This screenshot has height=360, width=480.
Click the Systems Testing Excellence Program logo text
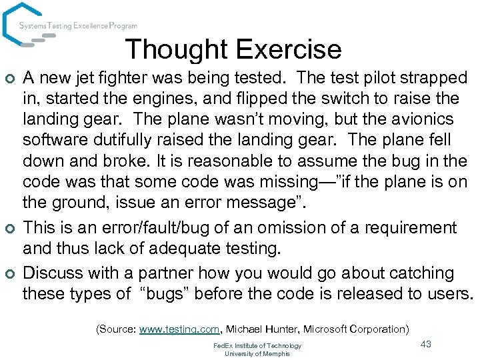pos(78,26)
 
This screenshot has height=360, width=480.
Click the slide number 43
pos(427,343)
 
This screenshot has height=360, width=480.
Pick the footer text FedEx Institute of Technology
pos(257,345)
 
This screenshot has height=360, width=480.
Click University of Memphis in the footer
pos(257,353)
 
